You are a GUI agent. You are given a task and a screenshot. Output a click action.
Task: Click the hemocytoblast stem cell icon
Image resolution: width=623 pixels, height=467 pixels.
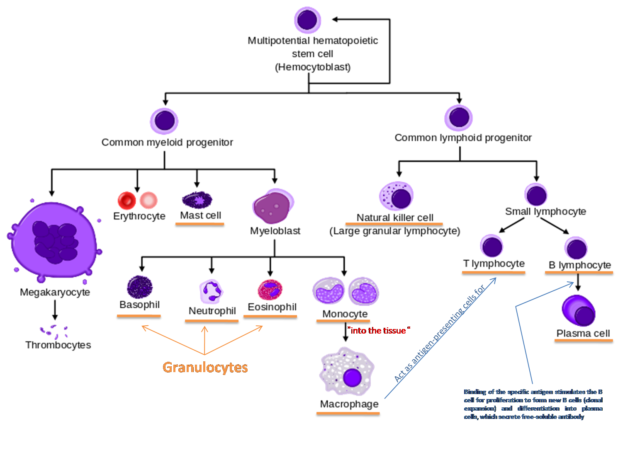coord(307,20)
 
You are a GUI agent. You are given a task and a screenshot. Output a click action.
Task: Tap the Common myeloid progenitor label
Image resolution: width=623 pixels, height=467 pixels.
coord(167,143)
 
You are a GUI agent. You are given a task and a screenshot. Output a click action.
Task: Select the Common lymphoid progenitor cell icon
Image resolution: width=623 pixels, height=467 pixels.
coord(459,117)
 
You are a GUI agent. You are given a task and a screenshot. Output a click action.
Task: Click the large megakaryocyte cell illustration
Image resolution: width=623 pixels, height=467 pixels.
coord(54,240)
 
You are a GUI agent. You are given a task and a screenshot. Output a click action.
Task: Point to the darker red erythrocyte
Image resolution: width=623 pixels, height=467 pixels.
coord(127,201)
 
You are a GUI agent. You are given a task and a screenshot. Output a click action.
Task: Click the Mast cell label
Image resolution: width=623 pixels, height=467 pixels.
coord(200,215)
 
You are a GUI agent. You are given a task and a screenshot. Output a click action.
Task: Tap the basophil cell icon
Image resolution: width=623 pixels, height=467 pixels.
coord(140,287)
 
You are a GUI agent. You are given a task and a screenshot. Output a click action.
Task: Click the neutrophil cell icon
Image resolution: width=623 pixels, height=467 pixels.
coord(211,291)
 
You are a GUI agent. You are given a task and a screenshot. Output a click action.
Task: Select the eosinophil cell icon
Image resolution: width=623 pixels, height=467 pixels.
coord(270,290)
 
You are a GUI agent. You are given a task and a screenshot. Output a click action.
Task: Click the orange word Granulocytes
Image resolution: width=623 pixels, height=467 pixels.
coord(205,368)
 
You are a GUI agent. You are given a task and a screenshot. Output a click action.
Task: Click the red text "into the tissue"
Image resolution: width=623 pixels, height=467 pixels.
coord(378,331)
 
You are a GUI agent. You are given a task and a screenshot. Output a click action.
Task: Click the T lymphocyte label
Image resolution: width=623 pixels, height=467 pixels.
coord(494,264)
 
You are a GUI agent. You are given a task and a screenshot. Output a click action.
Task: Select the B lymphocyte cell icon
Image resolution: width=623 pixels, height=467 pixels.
coord(576,248)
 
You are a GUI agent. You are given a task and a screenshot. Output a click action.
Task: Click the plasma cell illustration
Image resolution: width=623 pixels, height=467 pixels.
coord(579,311)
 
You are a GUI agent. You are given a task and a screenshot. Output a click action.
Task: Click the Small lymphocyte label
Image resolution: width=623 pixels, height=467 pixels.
coord(545,212)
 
